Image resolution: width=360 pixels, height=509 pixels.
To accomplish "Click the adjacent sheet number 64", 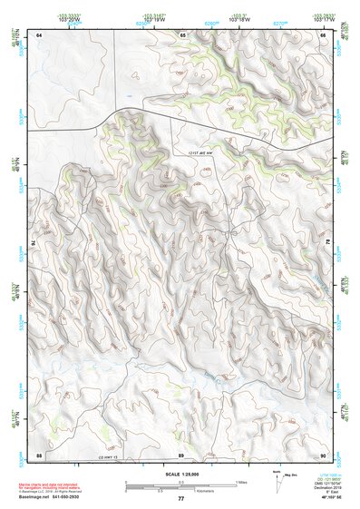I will pyautogui.click(x=39, y=34).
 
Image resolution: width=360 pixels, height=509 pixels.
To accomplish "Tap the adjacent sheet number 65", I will pyautogui.click(x=182, y=34).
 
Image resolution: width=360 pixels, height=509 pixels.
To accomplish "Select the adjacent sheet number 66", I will pyautogui.click(x=322, y=34).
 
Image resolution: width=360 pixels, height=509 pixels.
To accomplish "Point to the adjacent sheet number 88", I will pyautogui.click(x=39, y=454).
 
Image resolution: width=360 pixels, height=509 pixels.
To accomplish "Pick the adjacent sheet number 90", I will pyautogui.click(x=322, y=454).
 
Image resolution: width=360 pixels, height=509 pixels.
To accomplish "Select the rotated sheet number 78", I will pyautogui.click(x=327, y=243).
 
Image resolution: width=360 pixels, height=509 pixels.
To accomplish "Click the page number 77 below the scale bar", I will pyautogui.click(x=180, y=499).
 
